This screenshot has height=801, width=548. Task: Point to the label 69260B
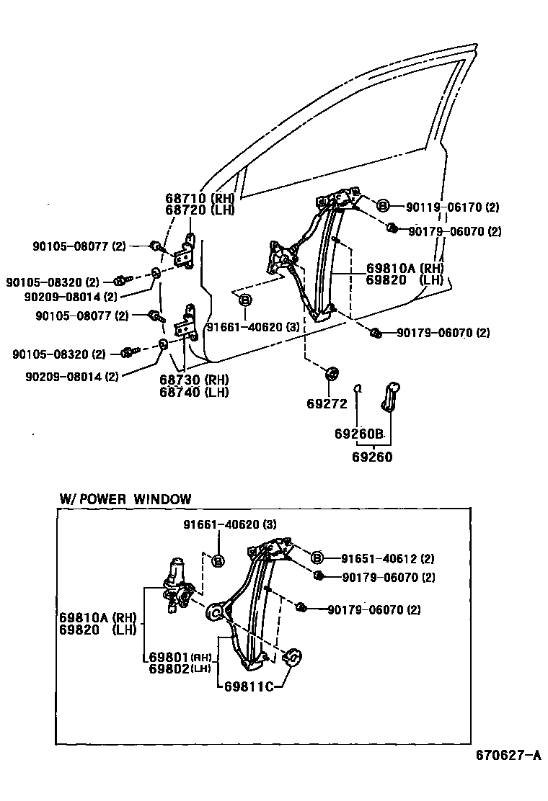pos(358,434)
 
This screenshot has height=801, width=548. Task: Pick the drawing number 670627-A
pos(508,756)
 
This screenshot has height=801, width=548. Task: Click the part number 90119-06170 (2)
pos(452,207)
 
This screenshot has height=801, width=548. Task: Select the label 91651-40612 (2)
pos(387,558)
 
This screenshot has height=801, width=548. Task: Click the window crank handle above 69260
pos(392,395)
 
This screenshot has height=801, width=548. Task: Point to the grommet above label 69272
pos(332,373)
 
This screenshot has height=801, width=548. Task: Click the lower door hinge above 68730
pos(190,321)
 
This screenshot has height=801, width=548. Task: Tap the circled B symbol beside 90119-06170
pos(384,206)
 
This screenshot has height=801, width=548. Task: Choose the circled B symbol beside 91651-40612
pos(317,558)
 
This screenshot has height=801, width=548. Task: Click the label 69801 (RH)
pos(179,657)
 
